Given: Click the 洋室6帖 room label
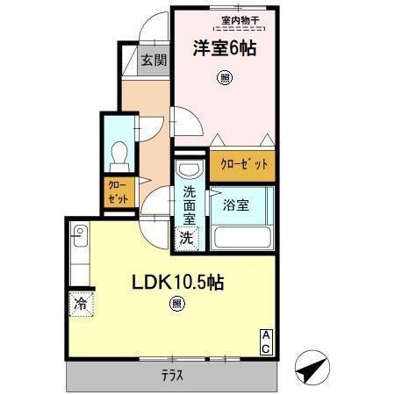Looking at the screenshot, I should click(x=224, y=50).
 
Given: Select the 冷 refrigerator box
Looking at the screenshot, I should click(x=80, y=305).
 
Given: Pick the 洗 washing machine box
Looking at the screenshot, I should click(x=187, y=237).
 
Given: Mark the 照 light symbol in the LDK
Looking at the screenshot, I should click(x=177, y=305).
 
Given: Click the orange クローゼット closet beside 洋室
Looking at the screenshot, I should click(x=241, y=163).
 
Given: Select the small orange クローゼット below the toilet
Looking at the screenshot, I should click(x=116, y=191).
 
